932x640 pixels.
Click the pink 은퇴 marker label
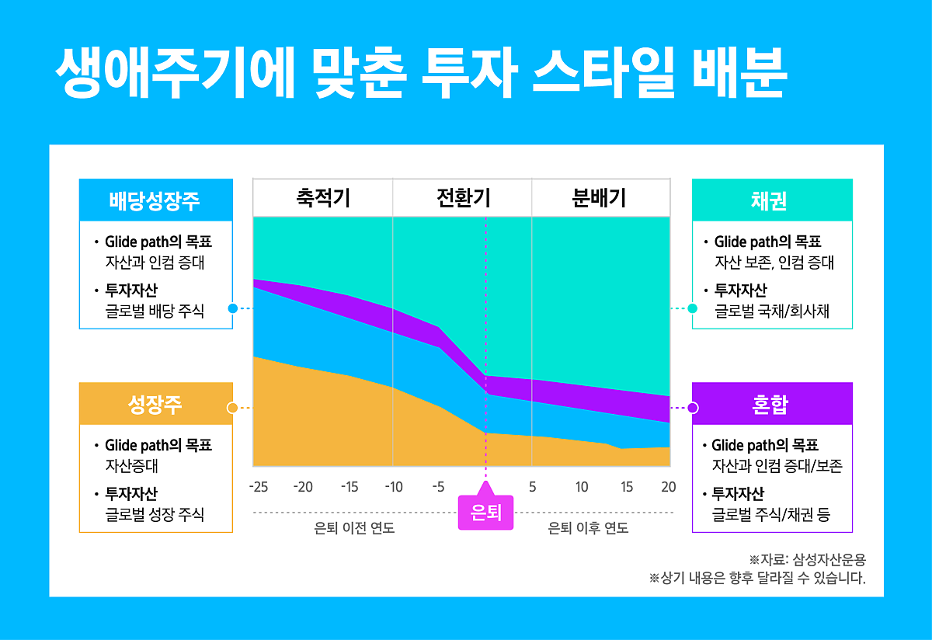(486, 513)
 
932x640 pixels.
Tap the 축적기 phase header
(323, 198)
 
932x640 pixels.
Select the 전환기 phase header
(463, 198)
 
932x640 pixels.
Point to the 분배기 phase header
(599, 198)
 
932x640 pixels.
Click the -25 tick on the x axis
(259, 487)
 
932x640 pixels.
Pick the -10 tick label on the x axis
(394, 487)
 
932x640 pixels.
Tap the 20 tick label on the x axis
(669, 487)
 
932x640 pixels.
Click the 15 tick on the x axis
(627, 487)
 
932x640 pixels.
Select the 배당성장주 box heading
(155, 200)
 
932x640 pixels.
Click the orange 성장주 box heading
(155, 404)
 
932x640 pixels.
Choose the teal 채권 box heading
(772, 200)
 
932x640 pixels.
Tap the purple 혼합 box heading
(772, 404)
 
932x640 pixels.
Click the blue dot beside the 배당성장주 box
(232, 308)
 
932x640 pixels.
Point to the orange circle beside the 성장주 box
(231, 408)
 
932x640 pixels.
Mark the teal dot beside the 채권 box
(693, 308)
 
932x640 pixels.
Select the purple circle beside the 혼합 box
(693, 408)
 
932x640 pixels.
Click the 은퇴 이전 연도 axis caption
(354, 529)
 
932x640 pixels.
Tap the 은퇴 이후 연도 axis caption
(589, 529)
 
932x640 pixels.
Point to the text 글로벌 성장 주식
(155, 515)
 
